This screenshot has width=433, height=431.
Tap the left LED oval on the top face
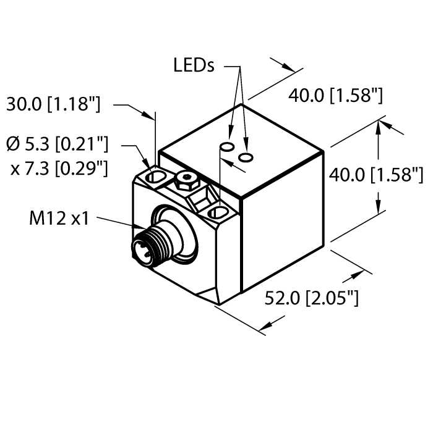(x=227, y=147)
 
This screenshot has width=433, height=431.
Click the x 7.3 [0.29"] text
(x=59, y=167)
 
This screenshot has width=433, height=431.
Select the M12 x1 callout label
(x=59, y=217)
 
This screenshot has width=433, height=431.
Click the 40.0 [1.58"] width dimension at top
(x=336, y=95)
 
